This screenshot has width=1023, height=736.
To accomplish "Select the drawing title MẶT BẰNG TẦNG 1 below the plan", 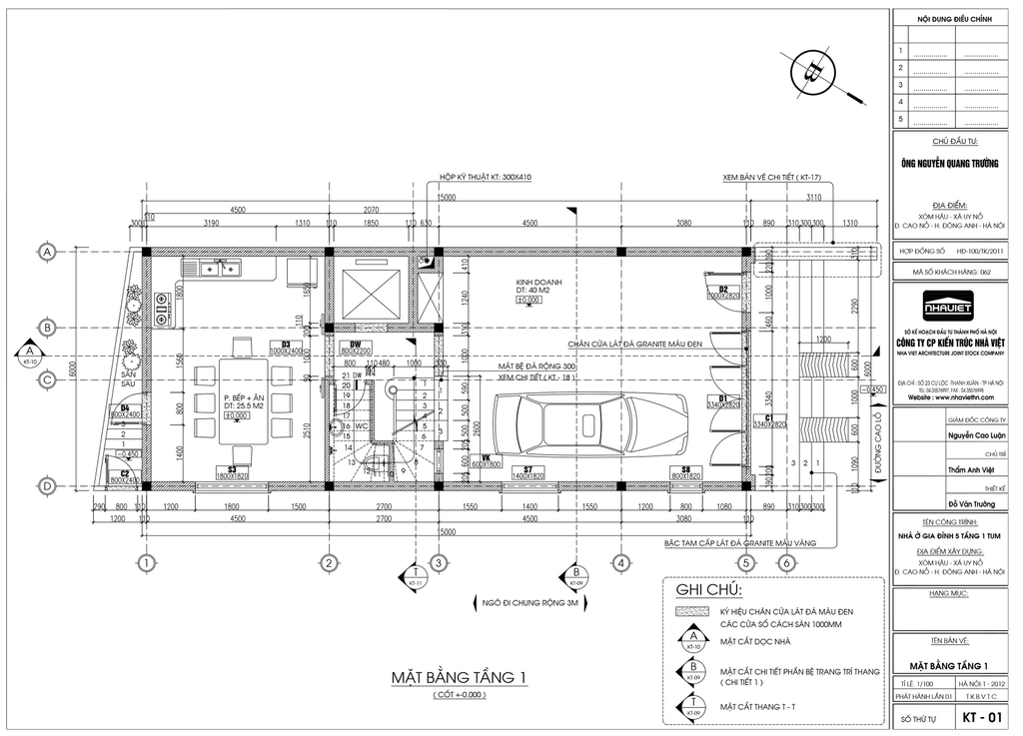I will click(459, 679).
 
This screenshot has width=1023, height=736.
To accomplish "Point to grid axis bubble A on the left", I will click(46, 253).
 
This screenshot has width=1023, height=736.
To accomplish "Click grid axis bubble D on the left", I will click(46, 486).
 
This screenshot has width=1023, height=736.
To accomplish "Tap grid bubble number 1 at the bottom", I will click(146, 563).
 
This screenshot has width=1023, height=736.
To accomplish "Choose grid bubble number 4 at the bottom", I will click(620, 563).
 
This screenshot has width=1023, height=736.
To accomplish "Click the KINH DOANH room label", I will click(538, 283).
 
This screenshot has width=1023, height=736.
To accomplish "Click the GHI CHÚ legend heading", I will click(702, 589).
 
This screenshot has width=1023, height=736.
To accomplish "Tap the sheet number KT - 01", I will click(982, 718).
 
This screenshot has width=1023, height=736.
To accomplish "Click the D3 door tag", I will click(285, 345).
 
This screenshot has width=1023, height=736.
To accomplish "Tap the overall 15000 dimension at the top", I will click(446, 198).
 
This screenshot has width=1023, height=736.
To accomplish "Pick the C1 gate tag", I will click(770, 418).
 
